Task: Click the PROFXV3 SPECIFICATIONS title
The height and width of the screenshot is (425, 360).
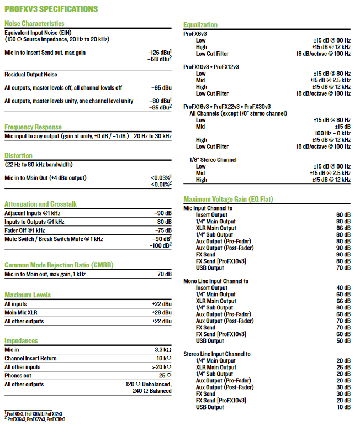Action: tap(51, 9)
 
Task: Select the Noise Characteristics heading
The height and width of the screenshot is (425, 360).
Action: tap(34, 23)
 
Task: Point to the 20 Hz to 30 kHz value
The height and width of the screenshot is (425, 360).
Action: tap(152, 136)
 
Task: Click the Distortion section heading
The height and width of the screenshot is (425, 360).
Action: tap(18, 155)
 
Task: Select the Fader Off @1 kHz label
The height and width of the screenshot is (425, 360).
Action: tap(25, 230)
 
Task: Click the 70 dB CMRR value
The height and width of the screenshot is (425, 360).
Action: tap(165, 274)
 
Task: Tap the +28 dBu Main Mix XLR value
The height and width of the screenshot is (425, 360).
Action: tap(161, 313)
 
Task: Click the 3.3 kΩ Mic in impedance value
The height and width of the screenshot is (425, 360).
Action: tap(162, 350)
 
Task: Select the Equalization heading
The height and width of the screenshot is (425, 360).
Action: tap(200, 24)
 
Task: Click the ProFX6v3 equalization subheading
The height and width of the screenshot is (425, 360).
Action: tap(195, 34)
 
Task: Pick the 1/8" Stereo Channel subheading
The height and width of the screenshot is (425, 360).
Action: tap(213, 160)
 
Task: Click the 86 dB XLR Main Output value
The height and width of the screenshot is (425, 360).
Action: tap(343, 228)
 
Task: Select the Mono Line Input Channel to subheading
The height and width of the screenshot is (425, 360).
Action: tap(216, 281)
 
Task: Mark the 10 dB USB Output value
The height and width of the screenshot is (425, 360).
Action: tap(343, 407)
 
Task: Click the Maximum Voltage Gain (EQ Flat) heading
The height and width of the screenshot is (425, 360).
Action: tap(228, 199)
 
